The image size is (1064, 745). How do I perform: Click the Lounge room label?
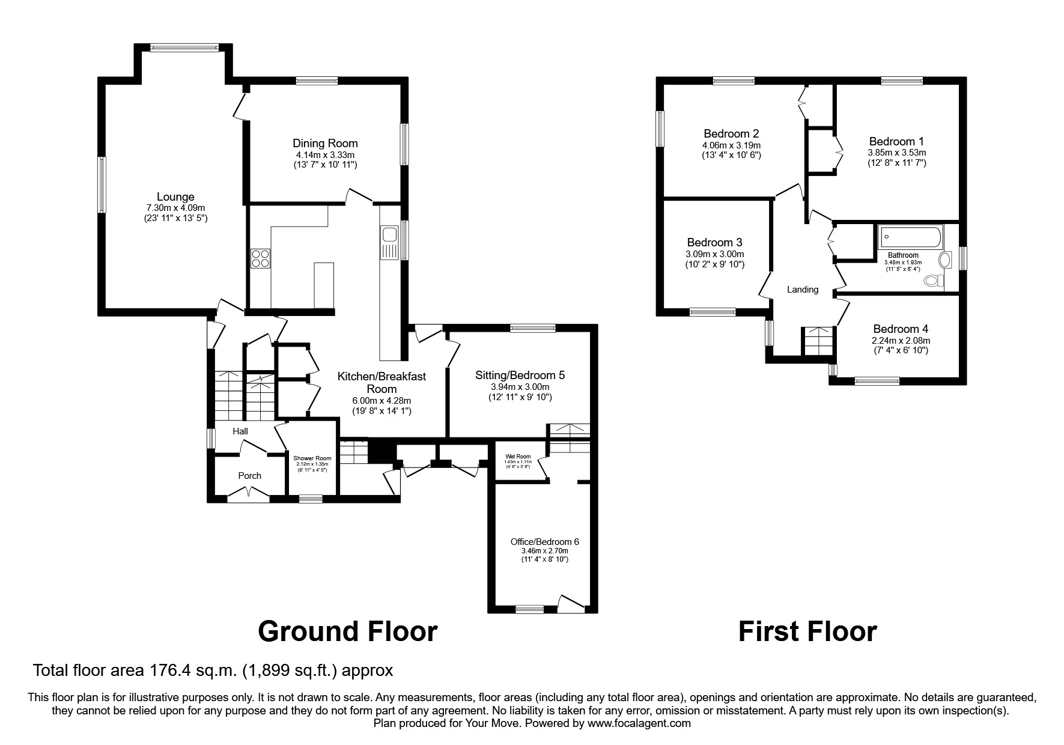click(x=175, y=196)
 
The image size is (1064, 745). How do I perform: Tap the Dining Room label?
click(x=325, y=143)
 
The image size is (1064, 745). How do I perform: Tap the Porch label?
click(x=250, y=475)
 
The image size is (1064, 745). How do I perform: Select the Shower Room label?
click(x=312, y=458)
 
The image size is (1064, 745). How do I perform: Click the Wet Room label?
click(x=518, y=457)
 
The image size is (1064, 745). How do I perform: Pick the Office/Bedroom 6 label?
click(x=545, y=541)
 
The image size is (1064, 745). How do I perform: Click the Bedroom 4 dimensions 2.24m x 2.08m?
click(x=900, y=340)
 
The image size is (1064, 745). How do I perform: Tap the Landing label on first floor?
click(x=803, y=290)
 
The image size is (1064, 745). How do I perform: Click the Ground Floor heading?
click(x=347, y=631)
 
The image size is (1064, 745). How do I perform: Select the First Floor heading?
click(x=807, y=631)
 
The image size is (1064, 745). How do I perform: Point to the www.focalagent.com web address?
click(x=639, y=723)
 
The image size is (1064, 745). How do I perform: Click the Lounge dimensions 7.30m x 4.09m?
click(x=175, y=208)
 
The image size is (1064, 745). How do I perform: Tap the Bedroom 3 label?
click(x=714, y=242)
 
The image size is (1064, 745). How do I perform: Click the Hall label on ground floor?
click(x=240, y=431)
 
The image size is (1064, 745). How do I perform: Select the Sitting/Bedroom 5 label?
click(x=520, y=375)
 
